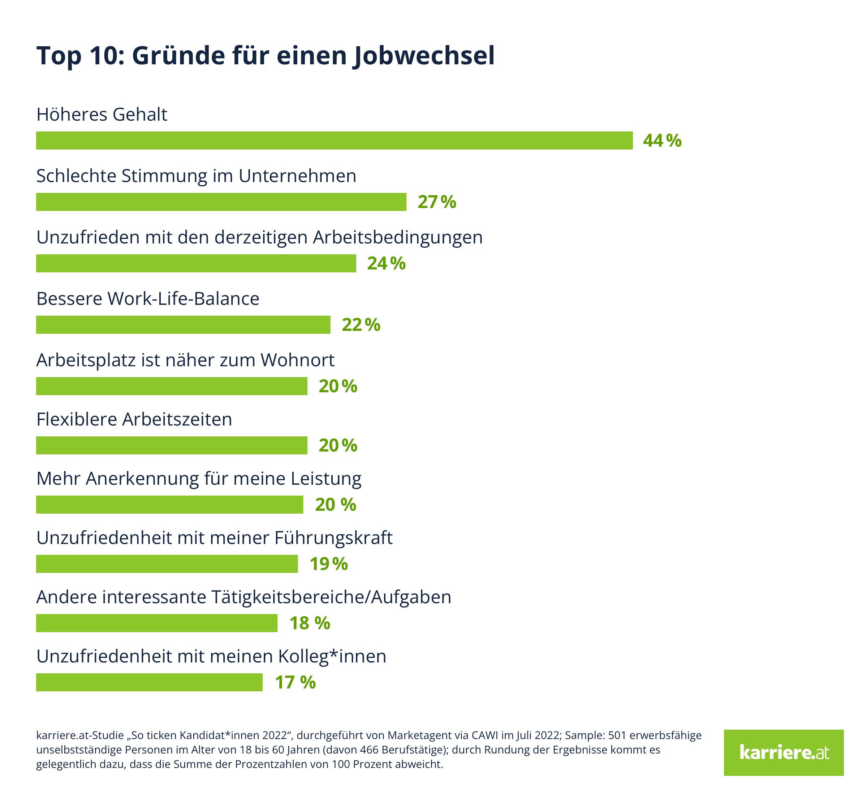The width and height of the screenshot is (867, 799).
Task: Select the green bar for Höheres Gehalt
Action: [334, 141]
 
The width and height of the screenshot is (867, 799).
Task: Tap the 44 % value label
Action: [662, 141]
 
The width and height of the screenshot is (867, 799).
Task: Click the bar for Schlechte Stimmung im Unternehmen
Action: [221, 202]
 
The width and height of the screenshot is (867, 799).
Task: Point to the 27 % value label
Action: [437, 202]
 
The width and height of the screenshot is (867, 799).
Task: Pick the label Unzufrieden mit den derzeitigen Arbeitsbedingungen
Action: [259, 237]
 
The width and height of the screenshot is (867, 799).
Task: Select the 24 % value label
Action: [386, 264]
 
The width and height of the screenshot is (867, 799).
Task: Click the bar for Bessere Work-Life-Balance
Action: [183, 325]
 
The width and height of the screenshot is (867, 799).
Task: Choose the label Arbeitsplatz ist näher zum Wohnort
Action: [185, 360]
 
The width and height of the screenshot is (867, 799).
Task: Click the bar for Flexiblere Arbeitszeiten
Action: [172, 445]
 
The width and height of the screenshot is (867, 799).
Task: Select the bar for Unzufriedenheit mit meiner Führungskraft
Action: [167, 564]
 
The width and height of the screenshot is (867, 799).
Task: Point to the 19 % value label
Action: [329, 564]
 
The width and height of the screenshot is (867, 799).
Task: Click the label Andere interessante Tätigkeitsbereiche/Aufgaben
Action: [244, 597]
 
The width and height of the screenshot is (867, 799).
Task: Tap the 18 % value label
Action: [310, 623]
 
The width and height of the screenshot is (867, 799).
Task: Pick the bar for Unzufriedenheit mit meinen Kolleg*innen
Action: [149, 682]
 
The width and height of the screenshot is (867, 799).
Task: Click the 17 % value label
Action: [296, 683]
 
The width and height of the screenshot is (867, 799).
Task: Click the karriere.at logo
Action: [784, 753]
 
